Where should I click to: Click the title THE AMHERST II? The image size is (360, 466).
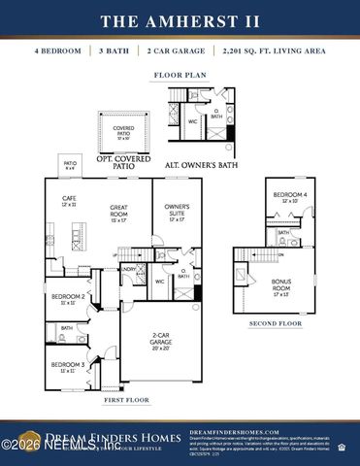point(180,20)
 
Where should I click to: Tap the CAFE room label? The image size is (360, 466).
point(69,202)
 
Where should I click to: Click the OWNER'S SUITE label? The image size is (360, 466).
point(177,211)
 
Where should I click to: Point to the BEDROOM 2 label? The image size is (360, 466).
point(66,295)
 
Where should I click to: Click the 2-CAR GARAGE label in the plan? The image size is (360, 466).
point(161,341)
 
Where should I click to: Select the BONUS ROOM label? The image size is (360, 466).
point(281,286)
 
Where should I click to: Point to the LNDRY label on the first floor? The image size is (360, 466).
point(128,269)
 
